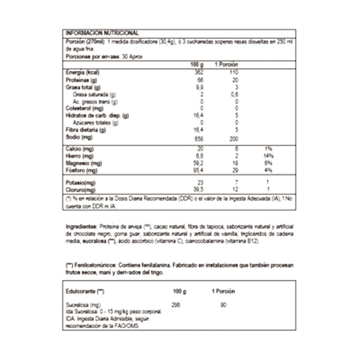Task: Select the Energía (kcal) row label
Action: (82, 72)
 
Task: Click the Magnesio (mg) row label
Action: (83, 163)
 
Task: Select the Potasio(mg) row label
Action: (80, 181)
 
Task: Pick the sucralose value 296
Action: (176, 305)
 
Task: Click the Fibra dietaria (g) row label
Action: (84, 130)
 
